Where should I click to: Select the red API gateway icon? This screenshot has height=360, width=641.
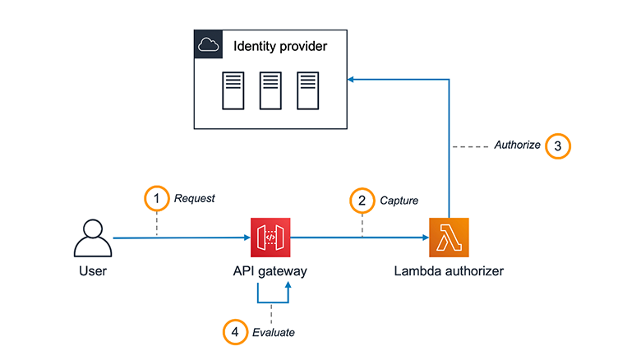(270, 238)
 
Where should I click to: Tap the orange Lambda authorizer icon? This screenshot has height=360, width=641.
(449, 238)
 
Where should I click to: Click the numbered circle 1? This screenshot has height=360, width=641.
(156, 198)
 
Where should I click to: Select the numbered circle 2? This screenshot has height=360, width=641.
(362, 199)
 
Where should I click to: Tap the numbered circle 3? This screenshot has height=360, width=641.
(557, 145)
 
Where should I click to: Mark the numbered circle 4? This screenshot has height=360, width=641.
(235, 332)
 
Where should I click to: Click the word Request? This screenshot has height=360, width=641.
(194, 198)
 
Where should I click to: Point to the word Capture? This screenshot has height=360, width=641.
(399, 199)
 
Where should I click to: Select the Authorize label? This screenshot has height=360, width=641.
(517, 145)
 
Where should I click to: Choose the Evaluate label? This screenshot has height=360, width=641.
(274, 332)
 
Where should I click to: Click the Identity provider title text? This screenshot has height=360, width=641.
(281, 46)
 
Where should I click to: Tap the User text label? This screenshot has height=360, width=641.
(93, 272)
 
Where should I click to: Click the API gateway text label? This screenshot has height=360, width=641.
(270, 272)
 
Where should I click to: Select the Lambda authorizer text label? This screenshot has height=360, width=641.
(449, 272)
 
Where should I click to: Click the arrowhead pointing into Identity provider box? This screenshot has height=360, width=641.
(350, 80)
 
